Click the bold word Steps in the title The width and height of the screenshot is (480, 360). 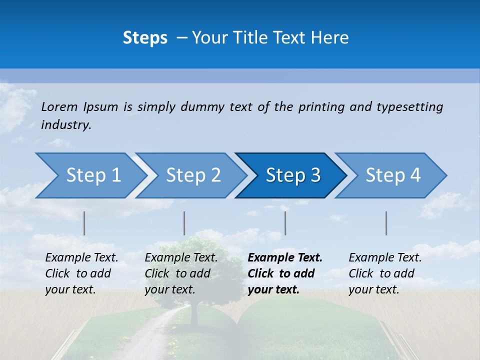tap(145, 38)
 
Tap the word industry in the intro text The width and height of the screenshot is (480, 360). tap(65, 124)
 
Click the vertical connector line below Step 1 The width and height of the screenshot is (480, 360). tap(84, 223)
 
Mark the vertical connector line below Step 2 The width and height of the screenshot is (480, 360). tap(184, 223)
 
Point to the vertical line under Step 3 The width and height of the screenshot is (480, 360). tap(285, 223)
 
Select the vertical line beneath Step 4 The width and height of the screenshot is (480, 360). tap(386, 223)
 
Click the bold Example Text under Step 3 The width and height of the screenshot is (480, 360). tap(285, 257)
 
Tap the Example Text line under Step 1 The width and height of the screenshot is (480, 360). tap(81, 257)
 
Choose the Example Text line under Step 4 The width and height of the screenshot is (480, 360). tap(385, 257)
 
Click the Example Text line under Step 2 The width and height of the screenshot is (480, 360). tap(181, 257)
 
